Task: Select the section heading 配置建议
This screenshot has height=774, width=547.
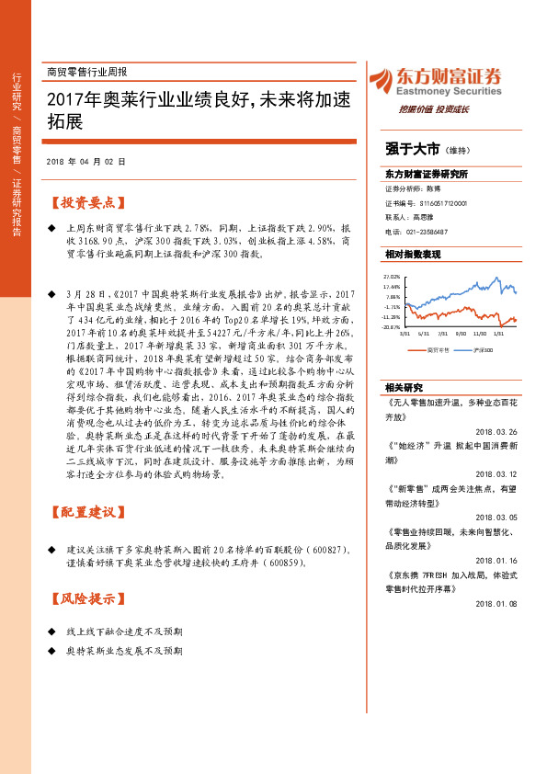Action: click(x=89, y=510)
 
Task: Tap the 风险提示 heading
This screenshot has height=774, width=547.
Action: click(x=89, y=598)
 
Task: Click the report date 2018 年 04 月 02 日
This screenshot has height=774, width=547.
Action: click(x=85, y=161)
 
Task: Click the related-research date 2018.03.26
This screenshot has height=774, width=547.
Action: click(x=497, y=432)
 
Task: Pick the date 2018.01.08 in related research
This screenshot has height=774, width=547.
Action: click(x=497, y=603)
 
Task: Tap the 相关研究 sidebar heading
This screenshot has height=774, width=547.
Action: click(x=404, y=387)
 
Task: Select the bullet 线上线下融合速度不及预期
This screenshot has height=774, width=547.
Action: click(x=125, y=632)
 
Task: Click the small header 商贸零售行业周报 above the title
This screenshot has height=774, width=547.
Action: click(x=86, y=72)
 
